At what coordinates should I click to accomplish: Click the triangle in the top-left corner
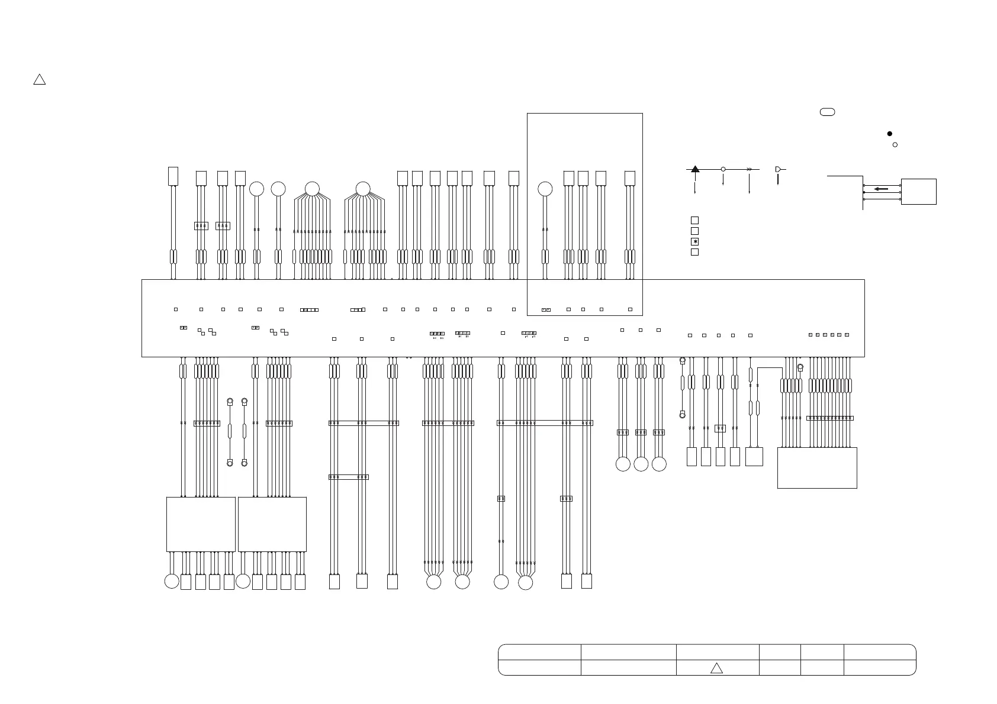point(39,80)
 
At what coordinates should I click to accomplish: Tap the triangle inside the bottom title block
point(716,669)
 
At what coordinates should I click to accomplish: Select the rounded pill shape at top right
point(827,112)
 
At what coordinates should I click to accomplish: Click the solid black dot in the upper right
point(889,134)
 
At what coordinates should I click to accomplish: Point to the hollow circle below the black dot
point(895,144)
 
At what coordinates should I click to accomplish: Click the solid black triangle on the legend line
point(695,169)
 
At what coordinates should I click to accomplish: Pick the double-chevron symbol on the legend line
point(749,169)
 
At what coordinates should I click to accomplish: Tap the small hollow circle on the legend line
point(723,169)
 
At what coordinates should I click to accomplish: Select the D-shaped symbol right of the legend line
point(778,169)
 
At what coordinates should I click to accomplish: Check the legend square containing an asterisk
point(695,241)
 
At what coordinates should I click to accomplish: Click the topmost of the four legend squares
point(695,220)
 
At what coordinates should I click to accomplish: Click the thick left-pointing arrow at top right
point(881,189)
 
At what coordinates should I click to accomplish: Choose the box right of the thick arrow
point(918,192)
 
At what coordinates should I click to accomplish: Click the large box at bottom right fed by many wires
point(817,468)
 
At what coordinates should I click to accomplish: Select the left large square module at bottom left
point(201,524)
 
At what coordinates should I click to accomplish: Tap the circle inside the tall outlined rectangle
point(545,189)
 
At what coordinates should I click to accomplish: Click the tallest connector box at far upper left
point(173,176)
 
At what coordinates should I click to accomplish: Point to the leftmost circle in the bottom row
point(172,582)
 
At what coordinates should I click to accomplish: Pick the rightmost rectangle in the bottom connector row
point(586,582)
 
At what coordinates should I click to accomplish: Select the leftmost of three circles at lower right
point(623,464)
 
